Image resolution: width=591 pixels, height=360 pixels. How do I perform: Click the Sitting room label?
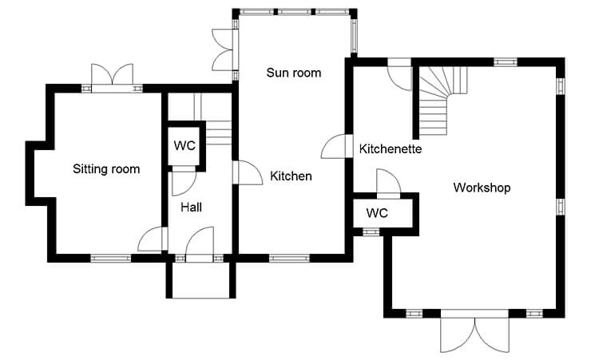[x=106, y=169]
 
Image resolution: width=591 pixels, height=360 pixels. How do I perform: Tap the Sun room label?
[x=294, y=73]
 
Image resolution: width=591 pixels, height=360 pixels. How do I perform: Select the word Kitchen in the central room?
[x=291, y=176]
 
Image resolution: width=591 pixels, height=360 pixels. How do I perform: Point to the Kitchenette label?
[x=391, y=148]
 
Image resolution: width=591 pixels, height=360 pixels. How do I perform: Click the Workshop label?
[x=482, y=188]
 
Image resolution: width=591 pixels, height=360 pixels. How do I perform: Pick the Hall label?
[x=191, y=207]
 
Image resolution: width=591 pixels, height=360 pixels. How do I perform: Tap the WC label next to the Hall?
[x=184, y=145]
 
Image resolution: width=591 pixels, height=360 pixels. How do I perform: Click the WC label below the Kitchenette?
[x=377, y=213]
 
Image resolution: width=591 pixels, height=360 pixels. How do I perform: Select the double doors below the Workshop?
[x=475, y=331]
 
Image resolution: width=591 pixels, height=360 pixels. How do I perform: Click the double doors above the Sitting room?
[x=113, y=77]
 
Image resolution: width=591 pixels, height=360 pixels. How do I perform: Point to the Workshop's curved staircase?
[x=441, y=100]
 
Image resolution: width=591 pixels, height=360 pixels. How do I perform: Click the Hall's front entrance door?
[x=200, y=243]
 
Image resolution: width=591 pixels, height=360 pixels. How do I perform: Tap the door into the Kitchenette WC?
[x=389, y=184]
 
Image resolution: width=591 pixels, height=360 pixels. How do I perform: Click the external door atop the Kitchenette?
[x=399, y=74]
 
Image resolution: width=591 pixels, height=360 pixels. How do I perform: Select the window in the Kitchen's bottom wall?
[x=289, y=259]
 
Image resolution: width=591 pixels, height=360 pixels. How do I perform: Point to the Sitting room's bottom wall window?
[x=110, y=259]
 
